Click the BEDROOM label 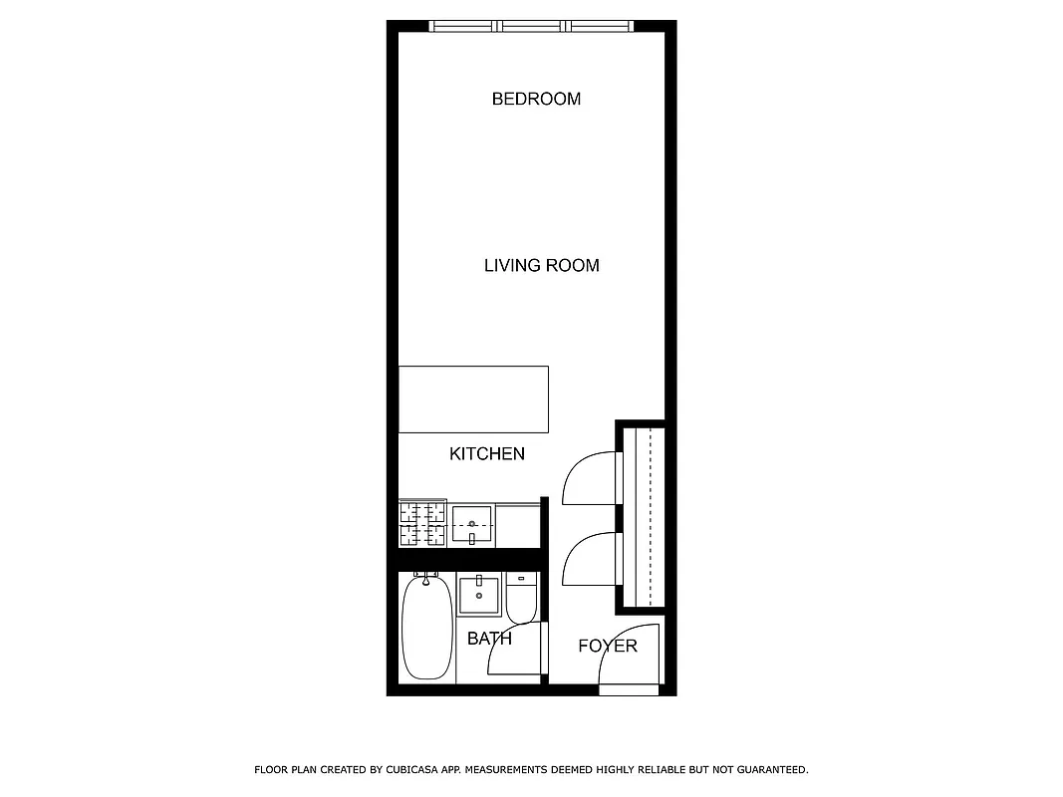pyautogui.click(x=536, y=99)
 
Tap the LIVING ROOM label pyautogui.click(x=541, y=265)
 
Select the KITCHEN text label pyautogui.click(x=486, y=454)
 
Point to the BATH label pyautogui.click(x=489, y=639)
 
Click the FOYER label pyautogui.click(x=607, y=646)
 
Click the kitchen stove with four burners pyautogui.click(x=422, y=524)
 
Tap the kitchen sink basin pyautogui.click(x=471, y=524)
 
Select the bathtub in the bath pyautogui.click(x=426, y=628)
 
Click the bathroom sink pyautogui.click(x=480, y=596)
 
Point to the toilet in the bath pyautogui.click(x=521, y=598)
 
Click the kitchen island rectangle pyautogui.click(x=473, y=399)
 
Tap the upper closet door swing pyautogui.click(x=590, y=478)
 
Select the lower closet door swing pyautogui.click(x=590, y=560)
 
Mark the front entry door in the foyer pyautogui.click(x=630, y=660)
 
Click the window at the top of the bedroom pyautogui.click(x=531, y=27)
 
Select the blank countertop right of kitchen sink pyautogui.click(x=517, y=524)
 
